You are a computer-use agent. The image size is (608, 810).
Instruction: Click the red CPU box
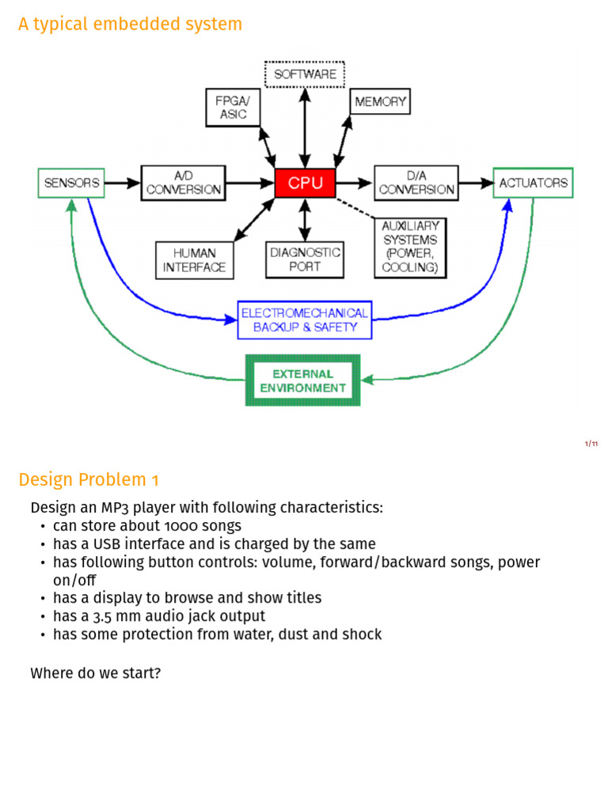[305, 183]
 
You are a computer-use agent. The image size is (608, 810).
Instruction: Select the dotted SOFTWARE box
[305, 74]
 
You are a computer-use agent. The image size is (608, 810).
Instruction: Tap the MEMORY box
[380, 101]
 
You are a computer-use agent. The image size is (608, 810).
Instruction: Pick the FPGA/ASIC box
[233, 108]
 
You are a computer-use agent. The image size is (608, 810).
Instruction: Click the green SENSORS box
[71, 183]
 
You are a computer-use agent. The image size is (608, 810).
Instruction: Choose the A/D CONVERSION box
[184, 183]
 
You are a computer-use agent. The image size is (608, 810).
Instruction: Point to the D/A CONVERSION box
[416, 183]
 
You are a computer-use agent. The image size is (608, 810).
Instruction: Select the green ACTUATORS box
[533, 183]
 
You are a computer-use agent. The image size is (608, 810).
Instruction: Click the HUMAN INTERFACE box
[195, 260]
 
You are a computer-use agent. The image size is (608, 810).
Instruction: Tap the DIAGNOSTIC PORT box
[305, 259]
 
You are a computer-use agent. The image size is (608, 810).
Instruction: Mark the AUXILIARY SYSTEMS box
[410, 248]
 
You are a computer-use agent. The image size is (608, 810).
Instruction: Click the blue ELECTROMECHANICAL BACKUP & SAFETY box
[305, 320]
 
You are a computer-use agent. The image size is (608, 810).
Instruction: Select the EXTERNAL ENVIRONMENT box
[302, 380]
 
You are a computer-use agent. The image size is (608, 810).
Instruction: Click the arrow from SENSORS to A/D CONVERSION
[123, 183]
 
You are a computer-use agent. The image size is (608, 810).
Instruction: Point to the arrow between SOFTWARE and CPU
[305, 128]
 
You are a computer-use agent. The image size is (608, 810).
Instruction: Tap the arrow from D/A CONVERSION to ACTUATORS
[476, 183]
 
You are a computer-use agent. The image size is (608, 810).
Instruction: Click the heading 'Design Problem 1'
[89, 480]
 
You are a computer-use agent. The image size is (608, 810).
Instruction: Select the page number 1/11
[591, 444]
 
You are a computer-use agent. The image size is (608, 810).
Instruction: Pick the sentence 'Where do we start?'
[96, 673]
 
